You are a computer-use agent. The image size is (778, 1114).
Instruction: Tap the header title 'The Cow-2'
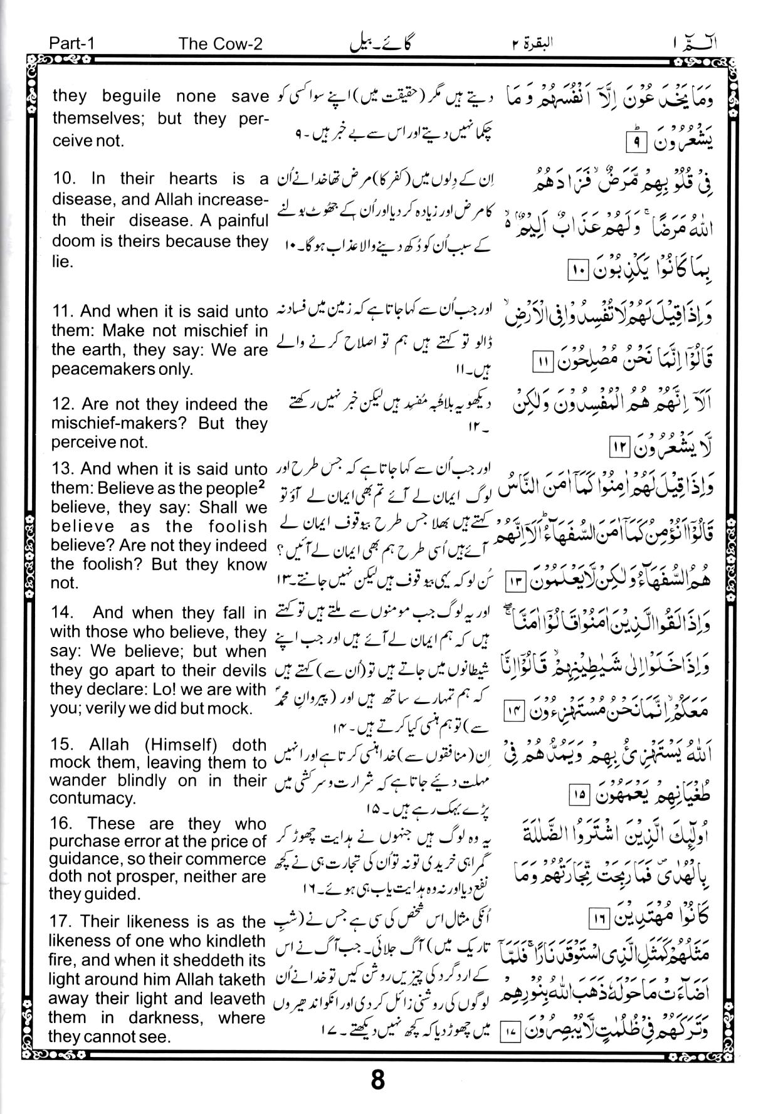[220, 43]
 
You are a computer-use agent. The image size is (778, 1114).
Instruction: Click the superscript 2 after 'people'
[263, 484]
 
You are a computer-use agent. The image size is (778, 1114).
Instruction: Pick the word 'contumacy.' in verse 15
[85, 798]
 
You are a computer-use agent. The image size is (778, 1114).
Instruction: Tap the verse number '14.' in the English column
[63, 612]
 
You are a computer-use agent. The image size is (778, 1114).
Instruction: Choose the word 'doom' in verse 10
[71, 241]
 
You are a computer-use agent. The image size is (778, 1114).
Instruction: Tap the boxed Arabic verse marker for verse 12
[619, 448]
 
